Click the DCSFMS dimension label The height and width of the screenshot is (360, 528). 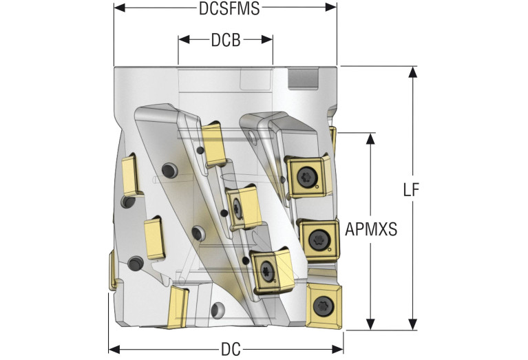click(224, 10)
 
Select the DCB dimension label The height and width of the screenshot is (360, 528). click(225, 41)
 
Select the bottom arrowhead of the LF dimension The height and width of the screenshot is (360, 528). click(412, 324)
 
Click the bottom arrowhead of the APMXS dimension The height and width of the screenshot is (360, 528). click(372, 324)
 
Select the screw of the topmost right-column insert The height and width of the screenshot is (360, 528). click(306, 178)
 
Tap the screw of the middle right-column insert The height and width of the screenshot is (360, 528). click(319, 240)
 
